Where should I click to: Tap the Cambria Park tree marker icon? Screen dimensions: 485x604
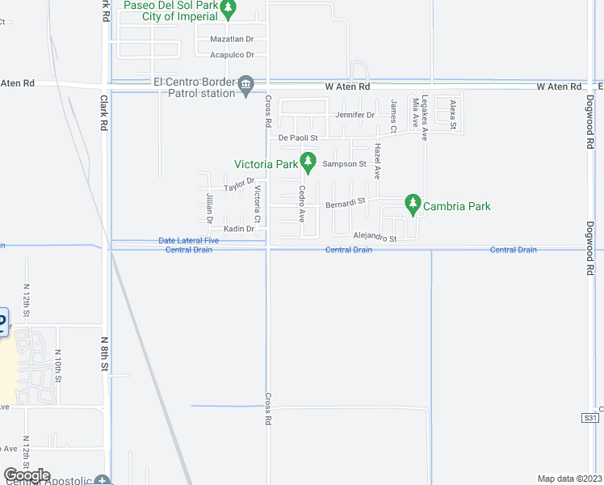coord(413,204)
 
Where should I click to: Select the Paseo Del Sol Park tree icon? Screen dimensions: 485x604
coord(229,9)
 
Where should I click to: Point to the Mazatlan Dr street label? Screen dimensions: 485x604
coord(232,39)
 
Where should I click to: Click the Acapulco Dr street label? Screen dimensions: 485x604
coord(232,55)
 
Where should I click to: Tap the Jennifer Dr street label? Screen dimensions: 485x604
coord(359,115)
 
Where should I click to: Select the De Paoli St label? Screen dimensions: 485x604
coord(298,138)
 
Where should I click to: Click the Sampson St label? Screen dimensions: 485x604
coord(345,164)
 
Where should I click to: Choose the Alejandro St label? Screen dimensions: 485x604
coord(375,238)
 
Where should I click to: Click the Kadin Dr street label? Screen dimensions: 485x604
coord(239,229)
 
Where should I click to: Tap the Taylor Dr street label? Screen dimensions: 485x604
coord(239,186)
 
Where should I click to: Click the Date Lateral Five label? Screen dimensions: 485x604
coord(189,241)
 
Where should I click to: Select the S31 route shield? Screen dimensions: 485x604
coord(589,418)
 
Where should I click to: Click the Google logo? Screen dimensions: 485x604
coord(27,475)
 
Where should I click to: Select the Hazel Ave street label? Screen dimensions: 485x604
coord(376,162)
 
